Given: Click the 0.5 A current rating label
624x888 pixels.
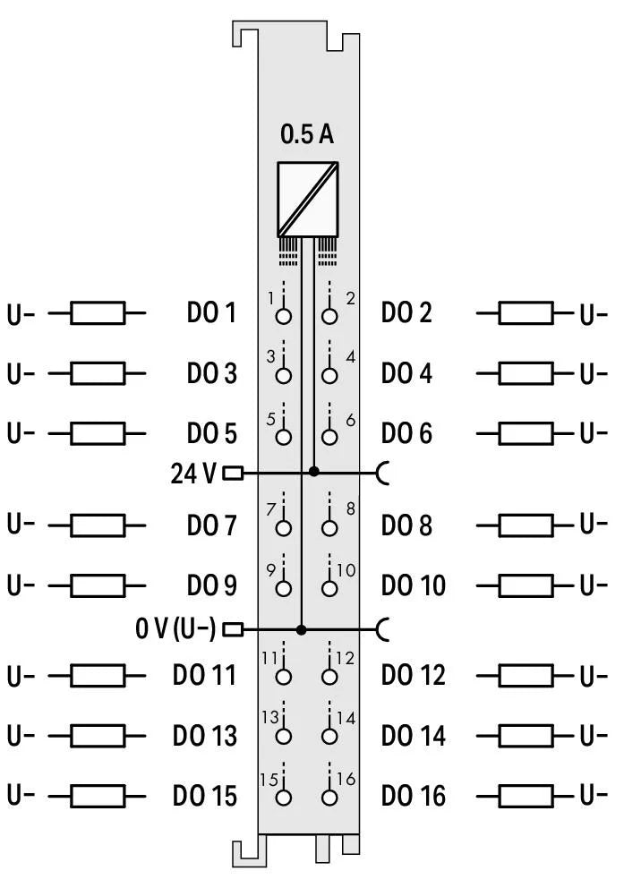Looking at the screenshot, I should (x=307, y=135).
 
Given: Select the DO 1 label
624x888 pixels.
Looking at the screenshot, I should (x=211, y=313).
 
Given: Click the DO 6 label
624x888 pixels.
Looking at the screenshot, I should (x=406, y=433).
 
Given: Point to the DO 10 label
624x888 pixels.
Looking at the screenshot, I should (x=413, y=585).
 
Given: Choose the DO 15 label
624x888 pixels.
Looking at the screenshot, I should (x=205, y=795).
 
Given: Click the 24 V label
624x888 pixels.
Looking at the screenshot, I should (x=192, y=473).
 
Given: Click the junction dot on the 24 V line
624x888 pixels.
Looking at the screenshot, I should (x=313, y=472).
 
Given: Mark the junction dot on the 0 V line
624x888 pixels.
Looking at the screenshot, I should (x=302, y=629).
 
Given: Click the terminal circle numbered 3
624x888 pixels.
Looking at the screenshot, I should (x=284, y=376).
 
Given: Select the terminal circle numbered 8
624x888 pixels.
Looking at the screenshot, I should (x=329, y=528).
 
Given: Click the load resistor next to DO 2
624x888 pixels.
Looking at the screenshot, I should (x=526, y=313).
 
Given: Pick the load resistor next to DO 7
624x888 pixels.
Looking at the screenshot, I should (x=98, y=525).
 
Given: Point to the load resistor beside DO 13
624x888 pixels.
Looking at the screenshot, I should (x=98, y=736).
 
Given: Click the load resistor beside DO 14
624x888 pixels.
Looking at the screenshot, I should (x=526, y=736).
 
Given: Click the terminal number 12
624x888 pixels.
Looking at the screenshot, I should (x=344, y=658).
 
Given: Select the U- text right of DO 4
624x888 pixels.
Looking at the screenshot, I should (x=594, y=373).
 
